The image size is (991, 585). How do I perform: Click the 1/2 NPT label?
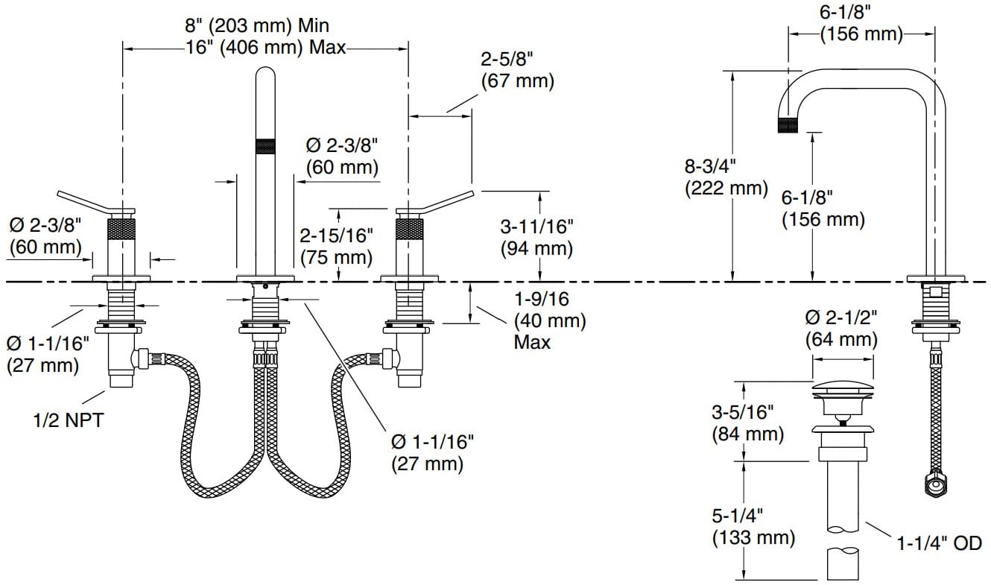coord(68,420)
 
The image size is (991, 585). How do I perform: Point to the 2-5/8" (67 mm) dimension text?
coord(517,69)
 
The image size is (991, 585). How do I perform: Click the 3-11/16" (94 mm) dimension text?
coord(536,237)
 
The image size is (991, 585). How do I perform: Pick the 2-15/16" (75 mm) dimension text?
coord(336,247)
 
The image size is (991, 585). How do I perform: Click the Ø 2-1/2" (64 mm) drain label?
coord(841,328)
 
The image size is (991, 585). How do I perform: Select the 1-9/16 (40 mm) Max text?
coord(550,320)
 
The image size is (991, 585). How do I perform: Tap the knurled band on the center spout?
coord(265,147)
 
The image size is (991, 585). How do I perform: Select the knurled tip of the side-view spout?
coord(788,124)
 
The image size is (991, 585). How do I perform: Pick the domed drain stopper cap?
coord(841,387)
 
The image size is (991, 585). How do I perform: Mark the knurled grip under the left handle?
coord(122,228)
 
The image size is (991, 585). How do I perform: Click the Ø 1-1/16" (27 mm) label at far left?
coord(48,354)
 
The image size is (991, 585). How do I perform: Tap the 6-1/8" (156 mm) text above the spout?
coord(861,24)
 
